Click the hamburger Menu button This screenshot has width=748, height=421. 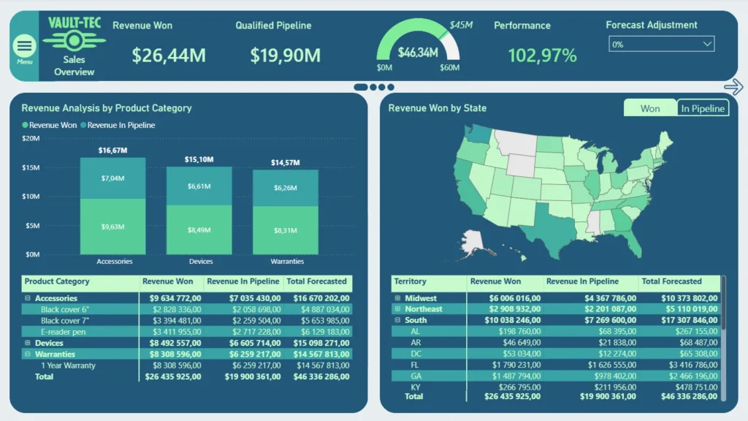[x=24, y=46]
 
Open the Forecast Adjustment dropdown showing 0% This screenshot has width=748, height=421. [x=661, y=44]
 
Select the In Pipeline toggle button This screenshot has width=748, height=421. [x=703, y=108]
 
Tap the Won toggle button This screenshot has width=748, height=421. [x=650, y=108]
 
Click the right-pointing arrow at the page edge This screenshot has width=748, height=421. [x=733, y=87]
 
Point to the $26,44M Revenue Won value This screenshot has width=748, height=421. [x=169, y=56]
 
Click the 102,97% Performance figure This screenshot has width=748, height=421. [x=542, y=56]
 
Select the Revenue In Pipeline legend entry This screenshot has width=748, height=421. [x=118, y=125]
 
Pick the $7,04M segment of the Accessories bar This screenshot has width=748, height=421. [x=112, y=178]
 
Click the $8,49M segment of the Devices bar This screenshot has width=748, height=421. [x=199, y=230]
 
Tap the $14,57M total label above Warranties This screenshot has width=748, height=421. [x=286, y=163]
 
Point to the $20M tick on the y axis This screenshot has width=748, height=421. [x=31, y=138]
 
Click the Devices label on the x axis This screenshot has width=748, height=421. [x=201, y=261]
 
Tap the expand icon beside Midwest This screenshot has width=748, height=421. [x=397, y=298]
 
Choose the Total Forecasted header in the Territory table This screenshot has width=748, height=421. [x=671, y=281]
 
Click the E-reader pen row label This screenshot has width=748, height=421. [x=63, y=332]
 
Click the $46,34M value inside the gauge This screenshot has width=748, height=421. [x=417, y=53]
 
